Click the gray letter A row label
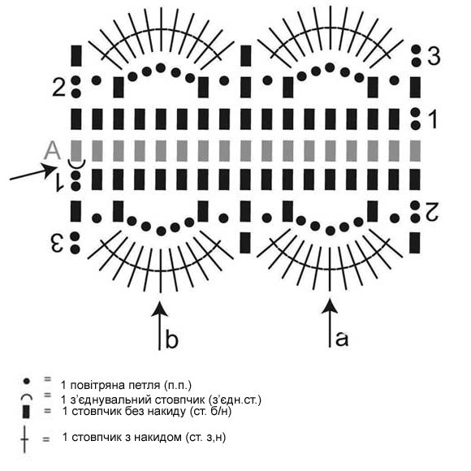(x=52, y=151)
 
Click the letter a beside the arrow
(x=342, y=339)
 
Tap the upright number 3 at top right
(x=434, y=55)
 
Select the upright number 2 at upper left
(x=58, y=87)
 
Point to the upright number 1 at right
(x=433, y=119)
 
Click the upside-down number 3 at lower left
(x=57, y=243)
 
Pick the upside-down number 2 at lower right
(x=431, y=212)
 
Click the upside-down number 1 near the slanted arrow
(x=59, y=182)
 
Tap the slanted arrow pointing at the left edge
(x=33, y=173)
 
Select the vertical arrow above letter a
(x=330, y=323)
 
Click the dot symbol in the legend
(x=27, y=381)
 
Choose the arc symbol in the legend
(x=27, y=397)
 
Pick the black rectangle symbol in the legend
(x=26, y=411)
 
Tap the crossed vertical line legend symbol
(x=24, y=439)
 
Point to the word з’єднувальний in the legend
(x=110, y=400)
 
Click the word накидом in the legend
(x=158, y=437)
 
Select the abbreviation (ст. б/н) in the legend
(x=210, y=411)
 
